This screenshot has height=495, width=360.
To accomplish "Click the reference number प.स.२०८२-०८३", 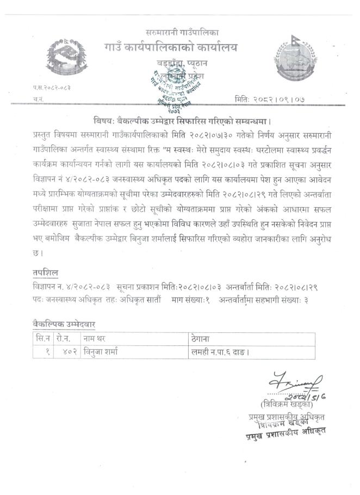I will tap(52, 87).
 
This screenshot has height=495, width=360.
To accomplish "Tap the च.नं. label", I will tap(38, 100).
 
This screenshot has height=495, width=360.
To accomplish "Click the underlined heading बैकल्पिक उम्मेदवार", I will tap(64, 325).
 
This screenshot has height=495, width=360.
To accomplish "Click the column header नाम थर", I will tap(98, 339).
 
